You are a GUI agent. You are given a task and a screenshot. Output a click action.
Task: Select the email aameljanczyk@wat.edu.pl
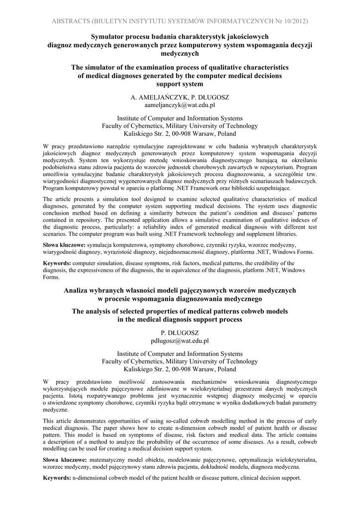pyautogui.click(x=180, y=106)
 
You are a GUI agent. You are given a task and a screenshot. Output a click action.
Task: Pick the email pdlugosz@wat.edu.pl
pyautogui.click(x=180, y=341)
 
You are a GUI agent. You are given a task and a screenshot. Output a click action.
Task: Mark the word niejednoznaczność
pyautogui.click(x=169, y=252)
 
